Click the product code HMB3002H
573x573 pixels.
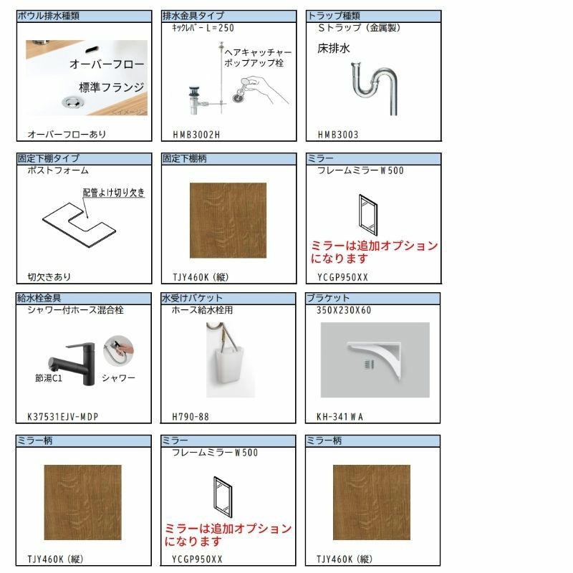[x=196, y=135]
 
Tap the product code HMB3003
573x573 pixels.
[x=338, y=135]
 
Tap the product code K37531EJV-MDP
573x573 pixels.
[x=63, y=417]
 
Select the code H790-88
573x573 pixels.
[x=191, y=417]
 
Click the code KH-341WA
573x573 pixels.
[x=340, y=417]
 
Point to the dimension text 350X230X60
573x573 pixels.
[x=344, y=310]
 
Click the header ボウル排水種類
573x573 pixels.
[x=48, y=16]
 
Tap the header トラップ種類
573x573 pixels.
[x=334, y=16]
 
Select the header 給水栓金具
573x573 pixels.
[x=39, y=298]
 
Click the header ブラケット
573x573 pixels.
[x=328, y=298]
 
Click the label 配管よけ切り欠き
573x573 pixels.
[x=114, y=193]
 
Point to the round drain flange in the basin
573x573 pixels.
[x=73, y=102]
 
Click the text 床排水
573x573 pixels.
[x=334, y=48]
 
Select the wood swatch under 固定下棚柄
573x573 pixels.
[x=228, y=221]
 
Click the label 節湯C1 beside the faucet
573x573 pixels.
[x=49, y=378]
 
